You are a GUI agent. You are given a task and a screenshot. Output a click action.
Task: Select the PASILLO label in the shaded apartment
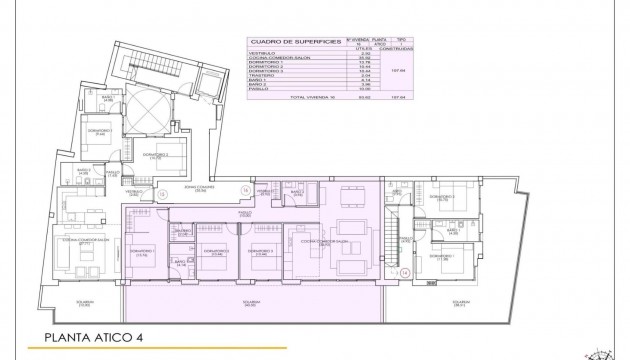coord(245,213)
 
